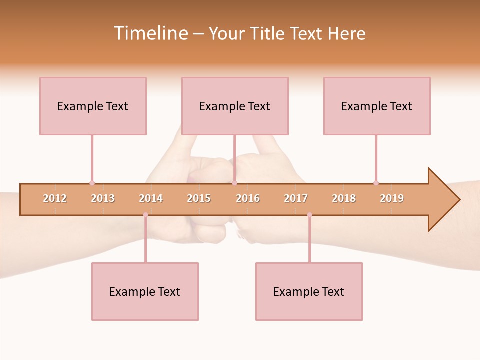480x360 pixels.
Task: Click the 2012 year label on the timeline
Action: click(55, 198)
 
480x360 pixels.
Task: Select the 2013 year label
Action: click(103, 198)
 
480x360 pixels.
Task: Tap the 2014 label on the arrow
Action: click(151, 198)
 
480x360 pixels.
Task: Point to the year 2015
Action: click(199, 198)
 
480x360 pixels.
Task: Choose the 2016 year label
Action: click(248, 198)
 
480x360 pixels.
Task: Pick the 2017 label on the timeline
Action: click(296, 198)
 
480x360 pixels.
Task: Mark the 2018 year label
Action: click(344, 198)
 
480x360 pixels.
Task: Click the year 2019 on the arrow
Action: click(392, 198)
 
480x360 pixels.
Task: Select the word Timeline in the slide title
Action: click(150, 33)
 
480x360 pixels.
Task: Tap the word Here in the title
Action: click(346, 33)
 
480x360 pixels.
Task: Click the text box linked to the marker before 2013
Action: click(93, 106)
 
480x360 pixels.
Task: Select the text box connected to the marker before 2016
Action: click(235, 106)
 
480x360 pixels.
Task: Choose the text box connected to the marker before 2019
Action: click(377, 106)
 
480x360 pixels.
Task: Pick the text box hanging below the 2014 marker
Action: click(145, 291)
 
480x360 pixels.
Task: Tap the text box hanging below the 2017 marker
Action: click(309, 291)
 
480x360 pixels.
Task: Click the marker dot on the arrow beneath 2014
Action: click(145, 215)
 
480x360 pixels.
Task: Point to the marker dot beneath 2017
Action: click(309, 215)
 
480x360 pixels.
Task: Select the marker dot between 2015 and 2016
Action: click(234, 183)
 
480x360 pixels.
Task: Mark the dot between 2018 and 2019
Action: click(376, 183)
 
